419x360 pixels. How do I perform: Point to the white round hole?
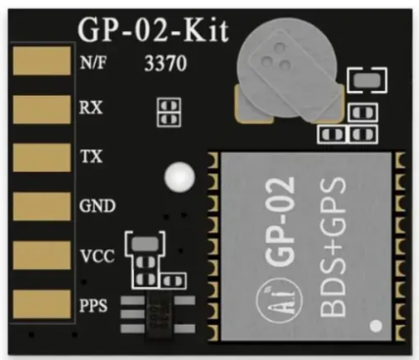point(178,177)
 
